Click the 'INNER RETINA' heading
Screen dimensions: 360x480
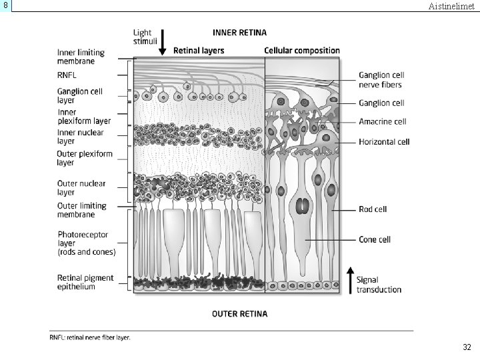click(x=239, y=32)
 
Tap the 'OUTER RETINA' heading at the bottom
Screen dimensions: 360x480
click(x=239, y=313)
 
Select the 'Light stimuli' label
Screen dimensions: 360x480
click(x=143, y=36)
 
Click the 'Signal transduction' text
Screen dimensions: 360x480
click(x=379, y=285)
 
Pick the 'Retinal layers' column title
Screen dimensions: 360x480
click(x=199, y=50)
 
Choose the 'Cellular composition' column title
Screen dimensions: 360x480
click(x=302, y=50)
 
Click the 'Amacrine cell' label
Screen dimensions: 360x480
click(x=382, y=122)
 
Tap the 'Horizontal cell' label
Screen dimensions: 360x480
click(x=384, y=141)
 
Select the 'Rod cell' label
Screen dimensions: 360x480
click(x=373, y=209)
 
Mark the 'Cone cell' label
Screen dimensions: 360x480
click(x=375, y=239)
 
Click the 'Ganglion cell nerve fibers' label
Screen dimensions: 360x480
click(x=381, y=80)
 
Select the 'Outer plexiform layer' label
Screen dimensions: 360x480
click(x=85, y=158)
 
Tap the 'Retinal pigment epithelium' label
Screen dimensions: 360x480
click(x=85, y=282)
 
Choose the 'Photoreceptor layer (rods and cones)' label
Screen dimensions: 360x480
click(x=86, y=243)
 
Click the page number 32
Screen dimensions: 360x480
click(x=467, y=347)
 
